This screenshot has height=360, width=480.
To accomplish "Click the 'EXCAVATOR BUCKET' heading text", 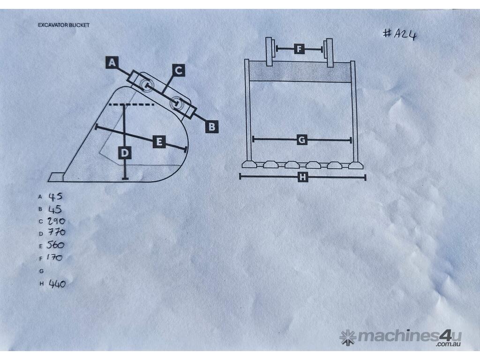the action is [x=64, y=25].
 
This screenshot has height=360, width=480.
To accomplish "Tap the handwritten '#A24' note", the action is [x=400, y=34].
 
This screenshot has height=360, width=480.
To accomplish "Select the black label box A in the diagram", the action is [x=112, y=62].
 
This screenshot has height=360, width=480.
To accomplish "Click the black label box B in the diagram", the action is [x=212, y=127].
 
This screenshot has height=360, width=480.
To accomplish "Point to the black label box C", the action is [x=179, y=70].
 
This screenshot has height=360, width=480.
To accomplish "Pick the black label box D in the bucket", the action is [x=125, y=153].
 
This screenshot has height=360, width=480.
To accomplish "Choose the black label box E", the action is [x=159, y=142].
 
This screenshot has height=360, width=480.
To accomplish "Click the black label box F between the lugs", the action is [x=299, y=49].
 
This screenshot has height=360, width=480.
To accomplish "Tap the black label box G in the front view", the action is [x=302, y=140].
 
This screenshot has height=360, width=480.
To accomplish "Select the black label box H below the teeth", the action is [x=302, y=177].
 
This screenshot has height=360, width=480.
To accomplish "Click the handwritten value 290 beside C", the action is [x=56, y=221].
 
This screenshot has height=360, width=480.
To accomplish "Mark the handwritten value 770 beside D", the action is [x=56, y=232].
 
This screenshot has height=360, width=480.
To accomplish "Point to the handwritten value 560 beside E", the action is [x=55, y=245].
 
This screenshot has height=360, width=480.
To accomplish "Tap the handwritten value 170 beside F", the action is [x=54, y=257].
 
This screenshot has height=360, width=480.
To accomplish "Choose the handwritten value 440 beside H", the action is [x=57, y=284].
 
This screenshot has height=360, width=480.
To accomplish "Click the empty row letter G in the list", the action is [x=41, y=271].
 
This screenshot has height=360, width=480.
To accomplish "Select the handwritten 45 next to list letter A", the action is [x=55, y=196].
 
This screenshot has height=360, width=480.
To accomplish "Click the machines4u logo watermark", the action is [x=400, y=337].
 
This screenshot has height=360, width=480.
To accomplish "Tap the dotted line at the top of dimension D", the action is [x=132, y=105].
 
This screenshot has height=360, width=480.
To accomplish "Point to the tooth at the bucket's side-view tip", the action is [x=56, y=177].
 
